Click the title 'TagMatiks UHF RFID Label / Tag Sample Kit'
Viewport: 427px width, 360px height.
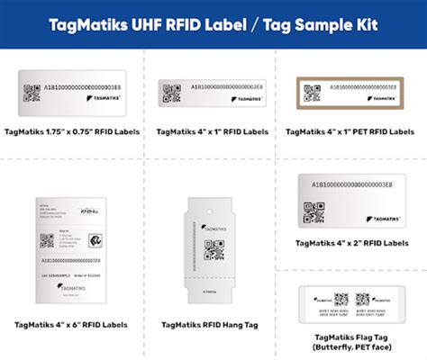point(213,20)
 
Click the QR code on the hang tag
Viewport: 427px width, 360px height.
point(214,247)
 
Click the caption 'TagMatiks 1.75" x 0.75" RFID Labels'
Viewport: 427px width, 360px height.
point(73,131)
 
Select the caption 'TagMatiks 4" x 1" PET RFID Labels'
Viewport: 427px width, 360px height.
point(354,131)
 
